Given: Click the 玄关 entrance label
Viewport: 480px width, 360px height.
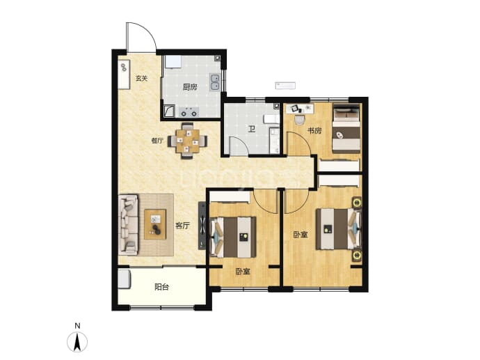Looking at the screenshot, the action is [142, 79].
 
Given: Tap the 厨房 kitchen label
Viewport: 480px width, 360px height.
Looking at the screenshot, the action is [190, 87].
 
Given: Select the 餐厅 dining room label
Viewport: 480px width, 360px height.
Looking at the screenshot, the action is [157, 141].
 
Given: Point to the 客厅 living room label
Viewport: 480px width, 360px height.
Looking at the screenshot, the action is [182, 226].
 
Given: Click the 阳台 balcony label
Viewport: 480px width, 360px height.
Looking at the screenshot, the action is [161, 287].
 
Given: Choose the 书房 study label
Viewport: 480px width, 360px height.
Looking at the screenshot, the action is [314, 131].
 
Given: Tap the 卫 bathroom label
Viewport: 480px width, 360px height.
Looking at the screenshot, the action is [252, 130].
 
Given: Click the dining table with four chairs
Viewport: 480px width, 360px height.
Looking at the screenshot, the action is [187, 141].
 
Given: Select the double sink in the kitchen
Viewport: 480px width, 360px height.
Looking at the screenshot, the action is [215, 82].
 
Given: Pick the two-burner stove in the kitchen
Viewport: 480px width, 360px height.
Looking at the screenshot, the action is [189, 112].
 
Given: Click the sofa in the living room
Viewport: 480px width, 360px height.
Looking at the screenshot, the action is [128, 225].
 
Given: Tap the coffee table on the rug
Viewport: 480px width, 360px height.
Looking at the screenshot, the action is [156, 224].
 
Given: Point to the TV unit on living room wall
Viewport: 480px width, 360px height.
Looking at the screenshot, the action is [202, 225].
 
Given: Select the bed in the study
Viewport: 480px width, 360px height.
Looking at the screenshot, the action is [346, 129].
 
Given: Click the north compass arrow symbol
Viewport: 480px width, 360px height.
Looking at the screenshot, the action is [77, 342].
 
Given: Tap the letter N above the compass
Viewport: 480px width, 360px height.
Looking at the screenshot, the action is [77, 326].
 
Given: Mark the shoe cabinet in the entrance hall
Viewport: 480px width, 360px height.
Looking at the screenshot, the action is [124, 74].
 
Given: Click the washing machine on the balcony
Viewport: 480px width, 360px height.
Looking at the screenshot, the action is [125, 279].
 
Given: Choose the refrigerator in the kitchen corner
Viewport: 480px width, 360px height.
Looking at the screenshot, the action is [173, 62].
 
